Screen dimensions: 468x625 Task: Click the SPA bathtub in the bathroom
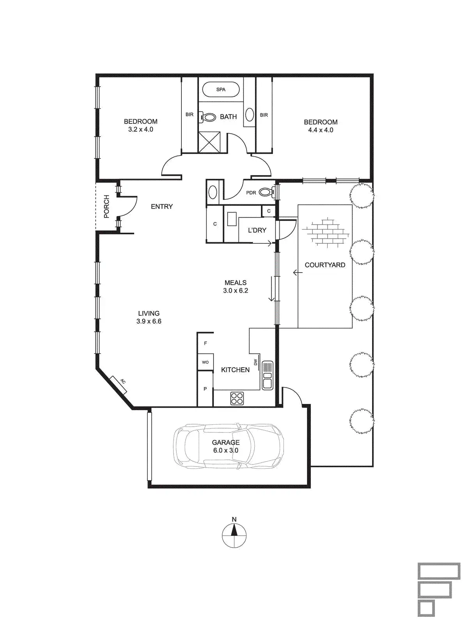point(221,90)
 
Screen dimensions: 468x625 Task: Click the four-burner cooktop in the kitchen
point(237,398)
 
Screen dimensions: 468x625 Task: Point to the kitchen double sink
point(268,375)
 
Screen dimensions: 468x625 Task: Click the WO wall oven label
point(205,362)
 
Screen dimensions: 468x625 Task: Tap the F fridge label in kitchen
point(206,343)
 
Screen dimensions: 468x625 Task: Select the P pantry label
point(205,389)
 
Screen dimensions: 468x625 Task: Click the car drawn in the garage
point(229,446)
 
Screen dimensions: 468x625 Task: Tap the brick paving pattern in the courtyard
point(326,231)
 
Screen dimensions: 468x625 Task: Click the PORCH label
point(106,206)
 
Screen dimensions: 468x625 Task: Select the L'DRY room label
point(257,230)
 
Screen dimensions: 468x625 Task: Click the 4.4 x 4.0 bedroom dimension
point(321,130)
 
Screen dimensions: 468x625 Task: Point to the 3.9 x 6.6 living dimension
point(149,321)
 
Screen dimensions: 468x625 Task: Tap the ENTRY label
point(162,206)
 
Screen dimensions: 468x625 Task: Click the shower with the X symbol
point(209,142)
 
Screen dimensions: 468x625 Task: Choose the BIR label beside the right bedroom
point(264,115)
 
